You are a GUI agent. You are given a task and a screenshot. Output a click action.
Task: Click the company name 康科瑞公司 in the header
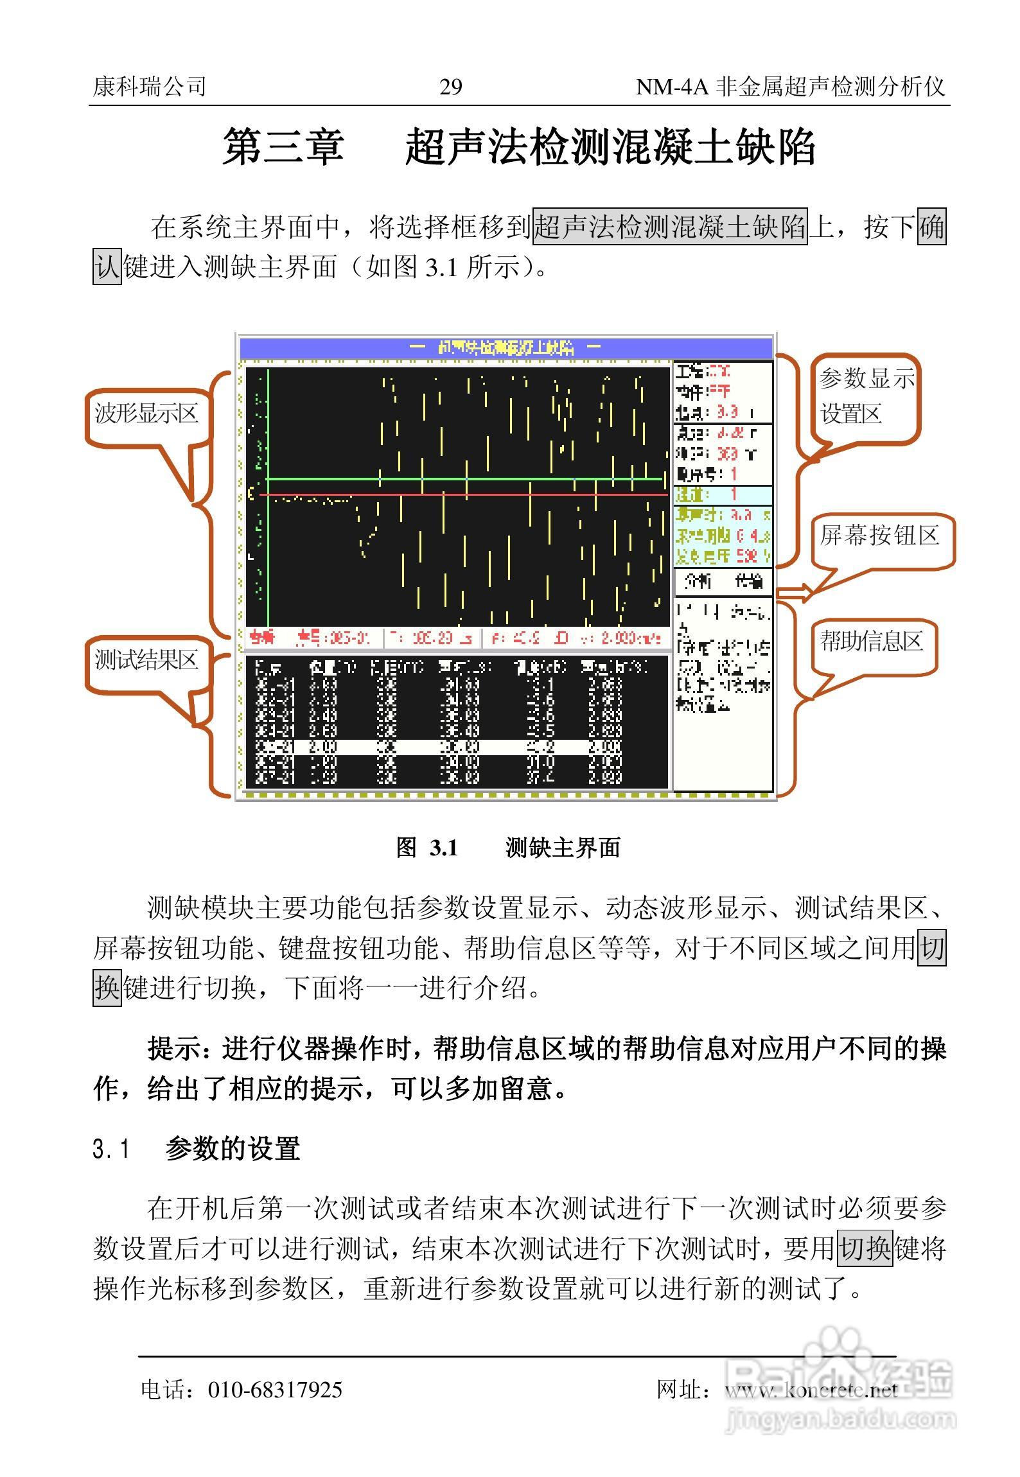[150, 87]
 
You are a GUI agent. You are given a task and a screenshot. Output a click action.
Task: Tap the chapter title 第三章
[283, 147]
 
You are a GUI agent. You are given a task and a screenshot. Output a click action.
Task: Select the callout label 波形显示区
[146, 413]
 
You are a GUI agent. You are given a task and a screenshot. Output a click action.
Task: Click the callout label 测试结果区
[146, 660]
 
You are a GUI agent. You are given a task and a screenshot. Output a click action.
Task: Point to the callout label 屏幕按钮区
[879, 535]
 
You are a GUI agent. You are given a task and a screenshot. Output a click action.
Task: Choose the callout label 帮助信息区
[871, 641]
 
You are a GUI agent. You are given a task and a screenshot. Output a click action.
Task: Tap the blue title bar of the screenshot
[506, 348]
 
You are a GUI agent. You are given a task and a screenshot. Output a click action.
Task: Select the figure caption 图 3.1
[427, 848]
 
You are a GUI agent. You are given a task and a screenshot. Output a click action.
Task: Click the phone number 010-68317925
[275, 1390]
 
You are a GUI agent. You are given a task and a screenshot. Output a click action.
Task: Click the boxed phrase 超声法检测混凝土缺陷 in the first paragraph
[669, 227]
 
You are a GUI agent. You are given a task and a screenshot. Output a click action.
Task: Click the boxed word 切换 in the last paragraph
[865, 1249]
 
